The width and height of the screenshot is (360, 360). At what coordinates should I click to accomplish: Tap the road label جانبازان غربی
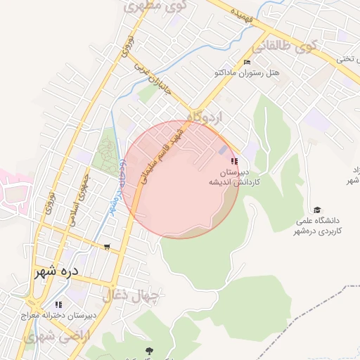[x=153, y=77]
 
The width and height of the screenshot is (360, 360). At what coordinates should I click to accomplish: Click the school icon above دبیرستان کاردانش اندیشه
[x=234, y=162]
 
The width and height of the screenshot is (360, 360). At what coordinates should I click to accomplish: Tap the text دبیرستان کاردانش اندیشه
[x=234, y=176]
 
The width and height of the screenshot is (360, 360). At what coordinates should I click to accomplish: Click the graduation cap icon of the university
[x=317, y=210]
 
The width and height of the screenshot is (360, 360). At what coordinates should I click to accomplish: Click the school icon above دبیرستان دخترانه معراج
[x=58, y=304]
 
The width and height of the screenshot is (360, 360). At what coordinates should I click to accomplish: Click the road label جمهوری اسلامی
[x=79, y=199]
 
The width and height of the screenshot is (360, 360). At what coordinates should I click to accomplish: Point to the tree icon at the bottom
[x=148, y=350]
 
